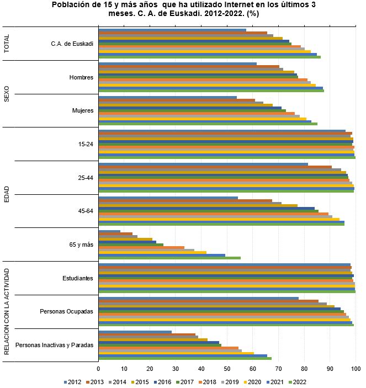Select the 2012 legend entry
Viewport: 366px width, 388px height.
(75, 381)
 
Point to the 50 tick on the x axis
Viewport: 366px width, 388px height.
(227, 368)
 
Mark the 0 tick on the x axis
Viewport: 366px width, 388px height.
(98, 368)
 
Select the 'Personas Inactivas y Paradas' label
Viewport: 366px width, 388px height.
(54, 346)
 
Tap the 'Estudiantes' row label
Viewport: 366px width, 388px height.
(77, 278)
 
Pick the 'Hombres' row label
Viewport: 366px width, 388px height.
(81, 77)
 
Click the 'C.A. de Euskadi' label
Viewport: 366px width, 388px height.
(72, 44)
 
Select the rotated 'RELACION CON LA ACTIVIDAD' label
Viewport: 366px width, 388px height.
(7, 311)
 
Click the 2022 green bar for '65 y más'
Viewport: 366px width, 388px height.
(169, 258)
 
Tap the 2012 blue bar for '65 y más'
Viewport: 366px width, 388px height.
(109, 232)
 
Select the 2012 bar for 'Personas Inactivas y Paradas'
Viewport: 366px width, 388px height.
(135, 332)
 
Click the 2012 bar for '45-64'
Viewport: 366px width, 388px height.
(168, 198)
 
